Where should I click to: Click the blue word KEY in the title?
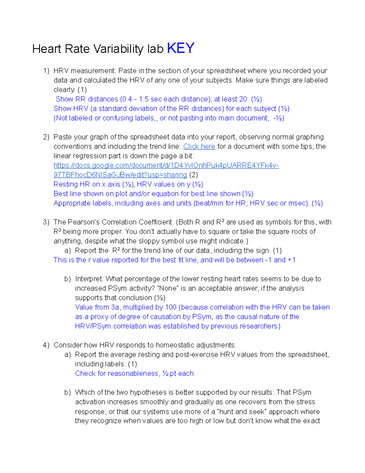tap(181, 48)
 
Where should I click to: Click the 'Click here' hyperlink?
tap(199, 146)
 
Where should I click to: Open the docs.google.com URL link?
tap(166, 165)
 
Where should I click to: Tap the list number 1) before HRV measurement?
tap(46, 71)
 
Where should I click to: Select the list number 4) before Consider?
tap(46, 345)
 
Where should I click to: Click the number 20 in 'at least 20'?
tap(243, 99)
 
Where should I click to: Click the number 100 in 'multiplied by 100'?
tap(171, 307)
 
